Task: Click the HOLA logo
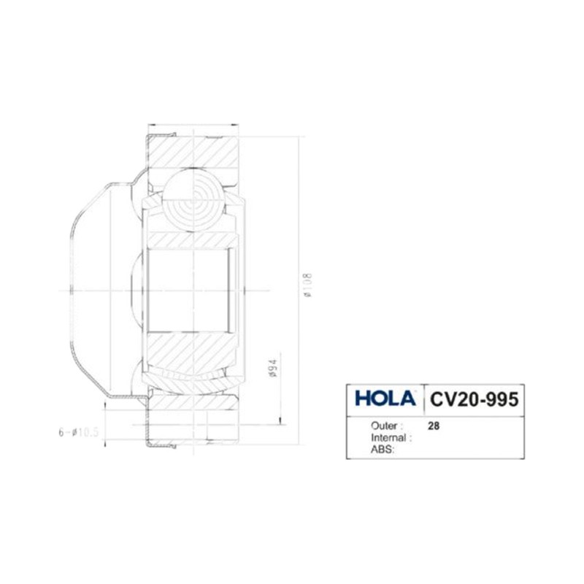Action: click(x=385, y=398)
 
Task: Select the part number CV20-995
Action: click(x=474, y=399)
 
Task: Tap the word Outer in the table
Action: click(x=384, y=426)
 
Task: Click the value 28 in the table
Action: click(x=434, y=426)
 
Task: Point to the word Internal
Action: click(x=388, y=437)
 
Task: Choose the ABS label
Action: click(x=381, y=450)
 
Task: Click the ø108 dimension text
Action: click(x=308, y=285)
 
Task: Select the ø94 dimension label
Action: click(x=273, y=369)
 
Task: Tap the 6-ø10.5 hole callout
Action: click(x=78, y=432)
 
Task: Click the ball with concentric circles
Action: click(x=193, y=200)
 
